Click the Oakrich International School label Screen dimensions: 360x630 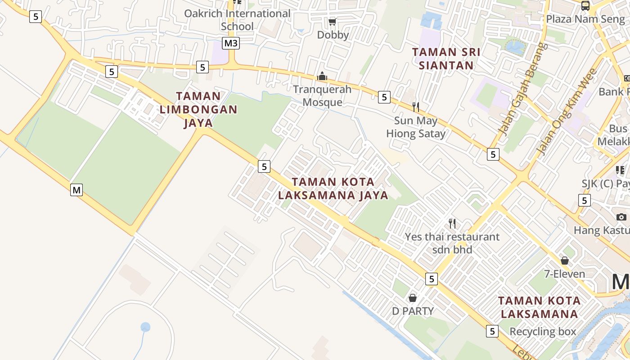[237, 20]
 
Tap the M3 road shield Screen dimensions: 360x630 [231, 43]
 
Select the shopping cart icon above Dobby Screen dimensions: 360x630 [333, 22]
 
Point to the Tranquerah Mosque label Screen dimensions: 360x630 [322, 95]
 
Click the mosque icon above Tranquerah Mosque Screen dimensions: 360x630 [322, 76]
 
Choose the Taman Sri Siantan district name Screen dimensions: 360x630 [446, 58]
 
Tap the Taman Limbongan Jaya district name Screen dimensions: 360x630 [198, 109]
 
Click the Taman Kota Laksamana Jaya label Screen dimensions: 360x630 [333, 188]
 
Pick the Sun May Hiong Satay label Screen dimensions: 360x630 [416, 127]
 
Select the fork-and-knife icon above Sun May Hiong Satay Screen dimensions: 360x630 [416, 107]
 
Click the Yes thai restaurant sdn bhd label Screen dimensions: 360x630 [452, 243]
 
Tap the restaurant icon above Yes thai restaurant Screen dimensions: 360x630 [452, 223]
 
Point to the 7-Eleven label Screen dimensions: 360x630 [565, 274]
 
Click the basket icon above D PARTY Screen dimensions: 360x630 [413, 298]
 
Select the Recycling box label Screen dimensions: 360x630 [542, 332]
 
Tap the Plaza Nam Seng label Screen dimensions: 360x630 [585, 19]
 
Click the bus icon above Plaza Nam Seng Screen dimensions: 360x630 [585, 6]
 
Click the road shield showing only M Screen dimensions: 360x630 [76, 190]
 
